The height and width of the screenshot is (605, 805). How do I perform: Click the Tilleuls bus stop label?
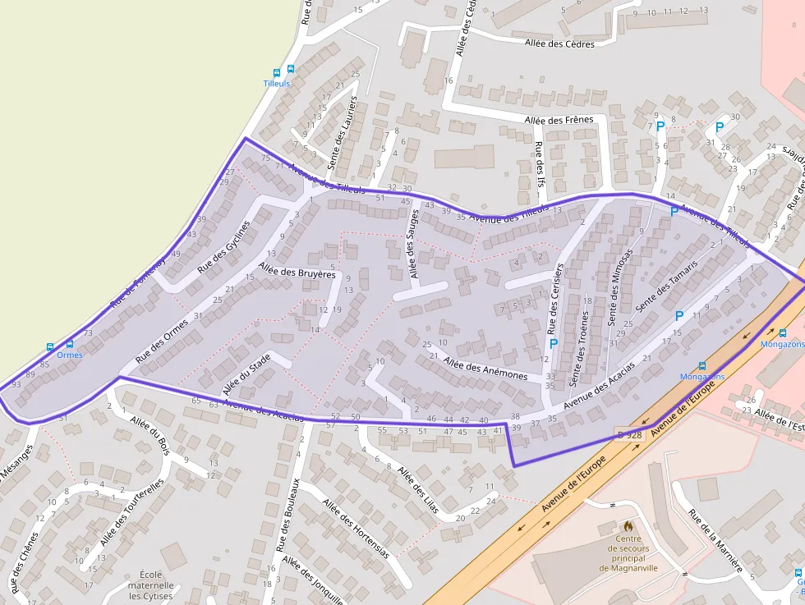pos(277,84)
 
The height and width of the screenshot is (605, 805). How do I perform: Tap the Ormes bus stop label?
pos(70,355)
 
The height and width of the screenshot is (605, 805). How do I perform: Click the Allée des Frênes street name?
pos(559,120)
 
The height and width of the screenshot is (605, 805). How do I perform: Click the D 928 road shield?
pos(629,434)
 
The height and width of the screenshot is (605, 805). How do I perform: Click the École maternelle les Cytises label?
pos(152,584)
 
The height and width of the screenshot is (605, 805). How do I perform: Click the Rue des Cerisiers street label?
pos(555,297)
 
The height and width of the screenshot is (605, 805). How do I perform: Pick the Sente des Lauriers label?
pos(343,133)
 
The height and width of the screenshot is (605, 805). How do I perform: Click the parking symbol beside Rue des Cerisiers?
pos(553,344)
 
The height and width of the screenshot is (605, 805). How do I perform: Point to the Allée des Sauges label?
pos(414,244)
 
